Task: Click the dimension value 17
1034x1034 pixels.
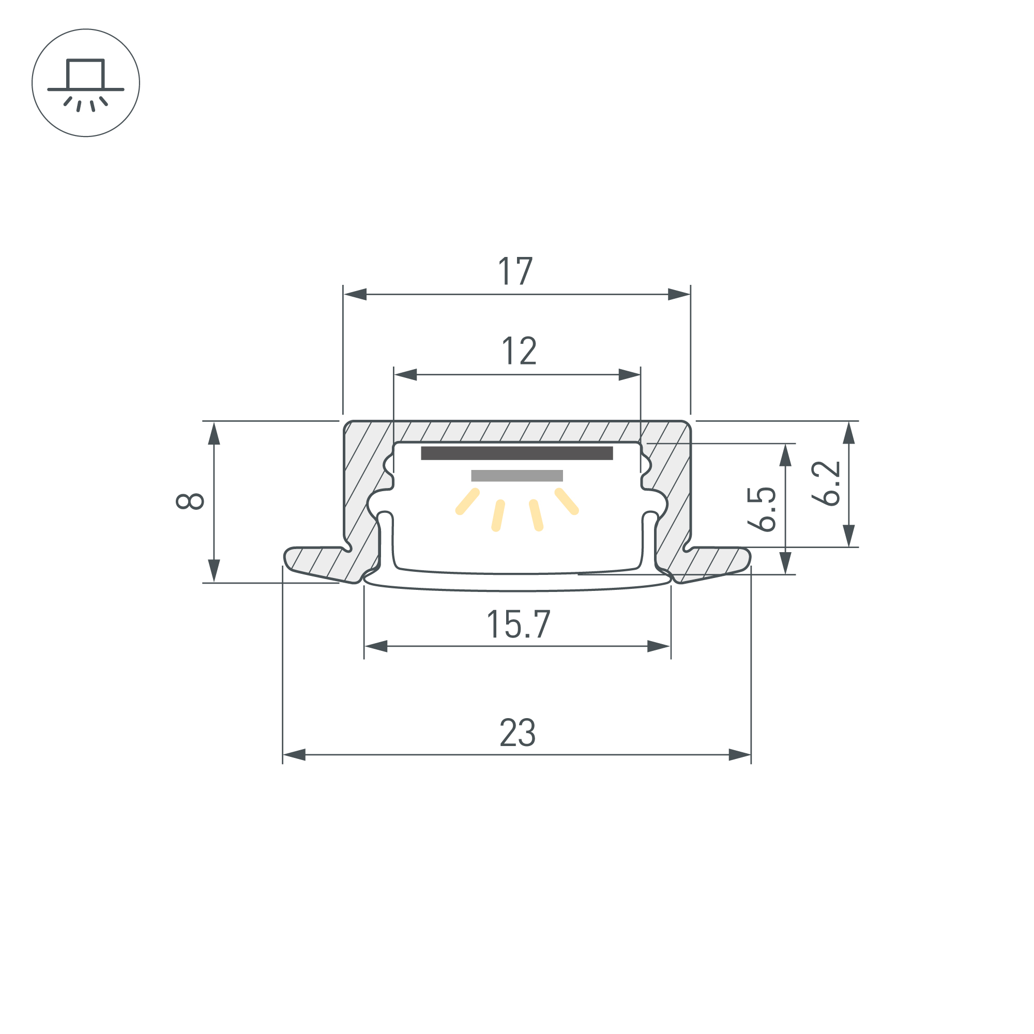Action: (515, 271)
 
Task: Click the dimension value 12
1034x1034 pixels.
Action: (519, 351)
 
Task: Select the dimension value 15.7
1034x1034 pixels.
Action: (518, 625)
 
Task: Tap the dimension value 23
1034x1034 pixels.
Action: (517, 733)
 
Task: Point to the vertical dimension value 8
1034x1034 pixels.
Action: (190, 501)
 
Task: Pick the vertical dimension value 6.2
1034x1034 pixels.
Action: (826, 483)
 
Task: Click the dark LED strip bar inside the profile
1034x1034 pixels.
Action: (516, 453)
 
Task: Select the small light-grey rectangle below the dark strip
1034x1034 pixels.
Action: (516, 476)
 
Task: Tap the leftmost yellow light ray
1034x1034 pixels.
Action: (467, 501)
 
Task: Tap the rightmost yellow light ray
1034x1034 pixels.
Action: (567, 501)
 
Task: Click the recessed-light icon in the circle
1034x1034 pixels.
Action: (86, 83)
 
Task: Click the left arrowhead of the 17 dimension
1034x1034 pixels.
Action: (355, 294)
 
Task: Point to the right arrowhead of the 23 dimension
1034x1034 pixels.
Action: (740, 755)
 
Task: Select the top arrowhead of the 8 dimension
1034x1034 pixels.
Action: (214, 434)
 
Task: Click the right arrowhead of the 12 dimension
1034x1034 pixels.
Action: (629, 375)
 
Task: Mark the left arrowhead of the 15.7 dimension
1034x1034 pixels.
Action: (376, 646)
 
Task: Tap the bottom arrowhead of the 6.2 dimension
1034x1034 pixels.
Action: (848, 536)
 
